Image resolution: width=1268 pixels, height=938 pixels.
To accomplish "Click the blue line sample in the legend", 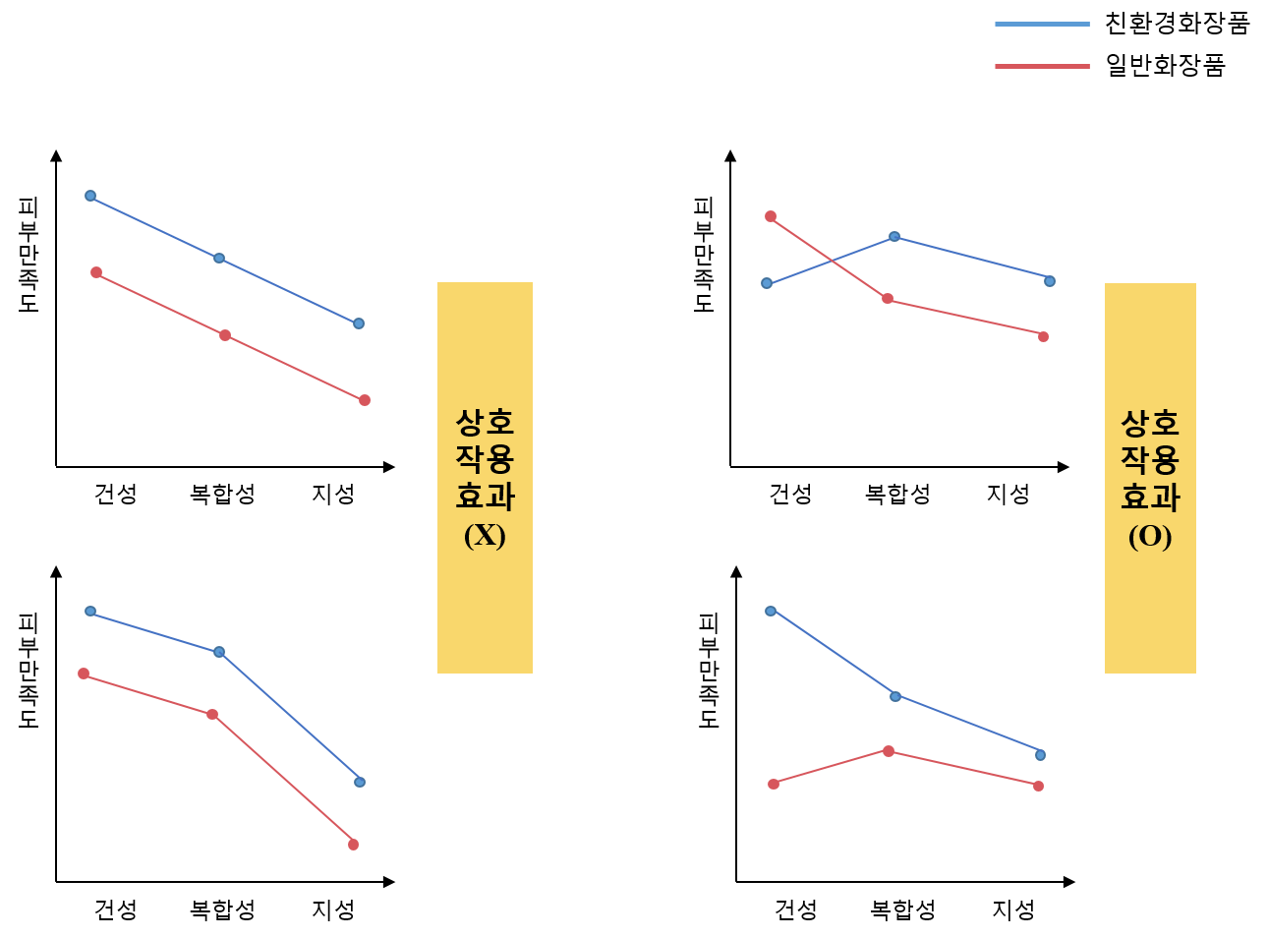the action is click(x=1042, y=24).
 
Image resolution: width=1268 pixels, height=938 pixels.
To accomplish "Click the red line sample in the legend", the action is click(x=1042, y=66).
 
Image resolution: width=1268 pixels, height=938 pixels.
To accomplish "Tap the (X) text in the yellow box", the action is click(x=485, y=535).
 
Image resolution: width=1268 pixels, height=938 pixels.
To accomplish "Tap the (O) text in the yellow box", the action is click(x=1150, y=537).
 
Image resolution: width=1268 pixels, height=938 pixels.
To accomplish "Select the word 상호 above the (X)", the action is click(x=485, y=423).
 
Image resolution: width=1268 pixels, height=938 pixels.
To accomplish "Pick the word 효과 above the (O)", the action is click(x=1150, y=498).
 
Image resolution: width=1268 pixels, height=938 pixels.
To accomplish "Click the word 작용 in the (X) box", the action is click(x=485, y=459).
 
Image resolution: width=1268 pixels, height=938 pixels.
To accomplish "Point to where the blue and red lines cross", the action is click(x=832, y=261).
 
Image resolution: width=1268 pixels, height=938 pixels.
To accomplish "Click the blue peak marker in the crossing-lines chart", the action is click(x=894, y=236).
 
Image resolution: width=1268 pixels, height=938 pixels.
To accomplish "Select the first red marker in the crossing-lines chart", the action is click(x=771, y=216).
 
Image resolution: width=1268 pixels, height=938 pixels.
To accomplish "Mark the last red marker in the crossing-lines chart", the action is click(x=1043, y=336).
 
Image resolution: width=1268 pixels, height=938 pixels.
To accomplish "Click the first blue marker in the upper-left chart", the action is click(x=90, y=196).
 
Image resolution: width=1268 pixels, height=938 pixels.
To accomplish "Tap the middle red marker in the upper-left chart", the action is click(x=225, y=335).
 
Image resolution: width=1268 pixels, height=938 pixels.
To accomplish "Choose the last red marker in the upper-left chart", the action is click(x=365, y=400).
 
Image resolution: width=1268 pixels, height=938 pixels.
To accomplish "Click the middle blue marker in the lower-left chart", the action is click(x=219, y=652).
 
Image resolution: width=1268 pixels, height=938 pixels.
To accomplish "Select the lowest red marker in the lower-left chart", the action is click(x=353, y=845).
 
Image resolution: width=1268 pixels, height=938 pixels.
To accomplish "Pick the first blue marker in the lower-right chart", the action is click(x=771, y=611).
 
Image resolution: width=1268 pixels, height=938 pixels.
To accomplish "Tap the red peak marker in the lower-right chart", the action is click(x=889, y=750).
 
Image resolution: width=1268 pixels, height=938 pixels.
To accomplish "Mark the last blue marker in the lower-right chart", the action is click(x=1040, y=755).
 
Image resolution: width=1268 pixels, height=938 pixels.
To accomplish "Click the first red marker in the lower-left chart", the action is click(x=84, y=674).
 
